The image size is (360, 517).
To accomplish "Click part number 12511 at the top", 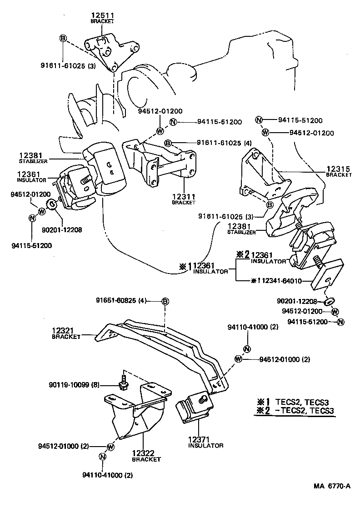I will (102, 15).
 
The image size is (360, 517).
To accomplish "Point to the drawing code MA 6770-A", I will (332, 486).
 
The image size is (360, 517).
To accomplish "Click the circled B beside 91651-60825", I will (165, 301).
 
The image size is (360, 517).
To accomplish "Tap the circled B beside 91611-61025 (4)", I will (168, 144).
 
